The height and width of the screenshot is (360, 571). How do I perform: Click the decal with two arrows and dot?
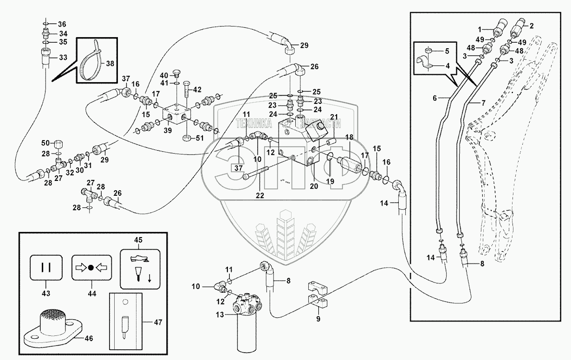pyautogui.click(x=91, y=268)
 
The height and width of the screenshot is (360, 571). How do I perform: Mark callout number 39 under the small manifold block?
pyautogui.click(x=168, y=131)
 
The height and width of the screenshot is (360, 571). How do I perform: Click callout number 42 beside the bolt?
pyautogui.click(x=197, y=89)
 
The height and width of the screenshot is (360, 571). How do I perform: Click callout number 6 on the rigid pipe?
pyautogui.click(x=435, y=98)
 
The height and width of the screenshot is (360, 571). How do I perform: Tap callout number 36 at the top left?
pyautogui.click(x=62, y=24)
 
